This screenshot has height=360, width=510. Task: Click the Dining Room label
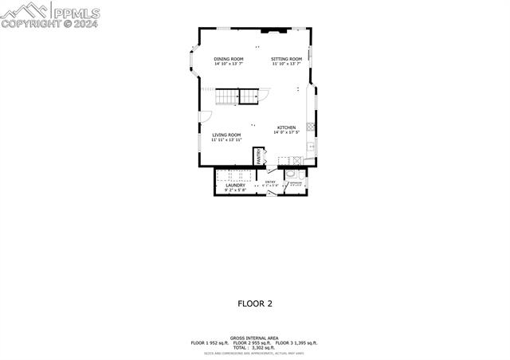click(x=228, y=59)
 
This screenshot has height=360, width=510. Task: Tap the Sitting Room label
click(x=286, y=59)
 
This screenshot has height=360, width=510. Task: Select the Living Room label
click(x=226, y=135)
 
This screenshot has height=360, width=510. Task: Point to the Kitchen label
click(x=287, y=127)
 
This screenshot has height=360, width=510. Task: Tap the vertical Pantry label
click(x=258, y=157)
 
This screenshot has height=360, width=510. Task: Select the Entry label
click(x=270, y=182)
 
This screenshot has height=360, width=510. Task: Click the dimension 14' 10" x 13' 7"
click(x=228, y=64)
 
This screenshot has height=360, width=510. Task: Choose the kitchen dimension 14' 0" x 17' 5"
click(x=288, y=132)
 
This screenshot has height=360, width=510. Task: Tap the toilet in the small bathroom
click(x=291, y=175)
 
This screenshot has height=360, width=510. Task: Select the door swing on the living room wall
click(x=205, y=117)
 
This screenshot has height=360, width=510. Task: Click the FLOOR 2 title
click(x=255, y=303)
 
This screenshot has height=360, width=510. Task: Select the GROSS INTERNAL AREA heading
click(x=253, y=338)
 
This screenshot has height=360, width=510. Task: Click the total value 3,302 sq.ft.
click(x=262, y=347)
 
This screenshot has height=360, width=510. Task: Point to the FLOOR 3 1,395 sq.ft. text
click(x=296, y=342)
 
